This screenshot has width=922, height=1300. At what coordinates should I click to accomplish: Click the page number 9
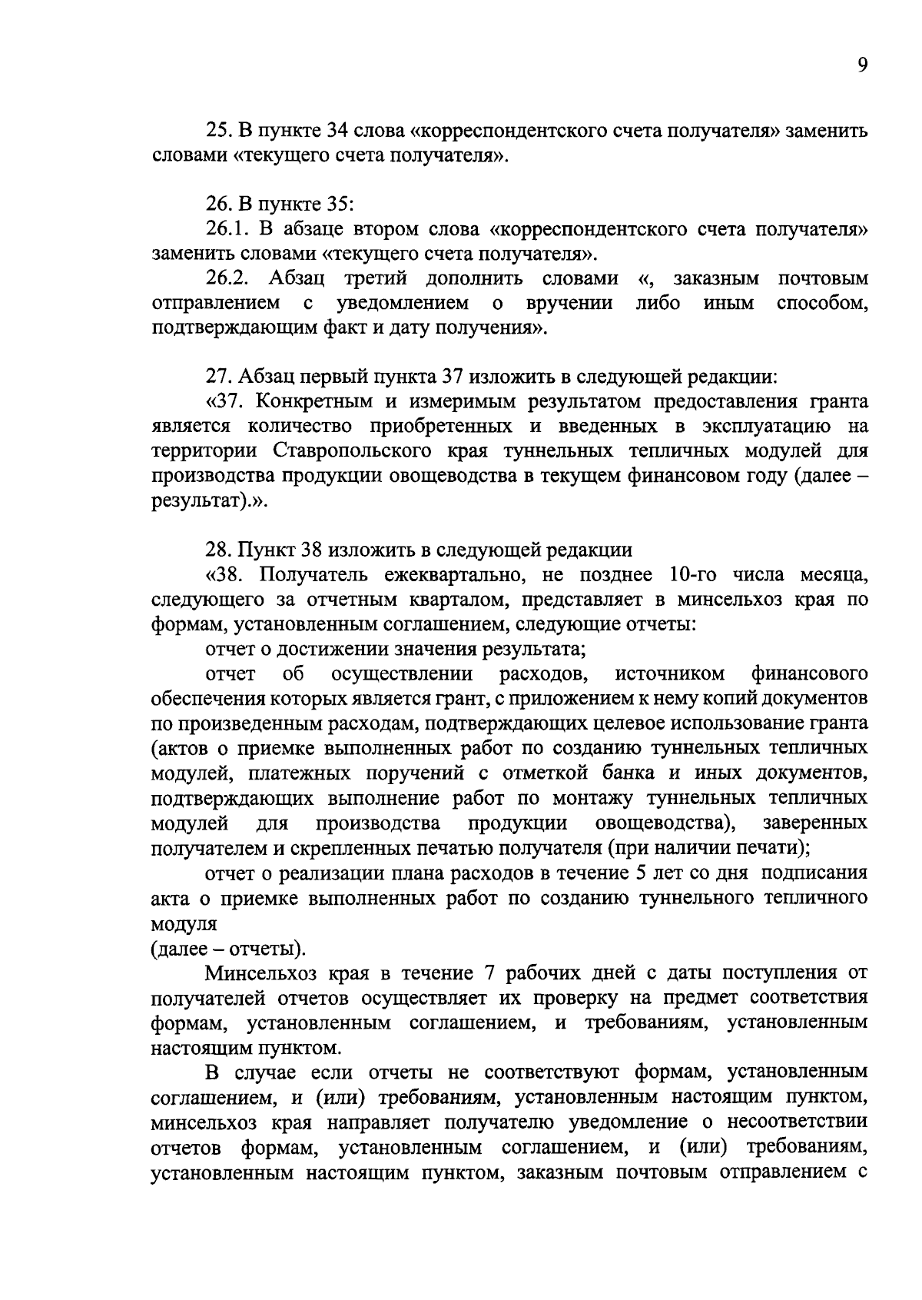(x=862, y=66)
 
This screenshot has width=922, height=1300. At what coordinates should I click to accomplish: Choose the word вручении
(x=569, y=303)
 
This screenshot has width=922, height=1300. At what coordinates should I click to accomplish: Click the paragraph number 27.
(x=217, y=377)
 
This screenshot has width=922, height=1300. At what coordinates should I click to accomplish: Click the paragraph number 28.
(x=217, y=550)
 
